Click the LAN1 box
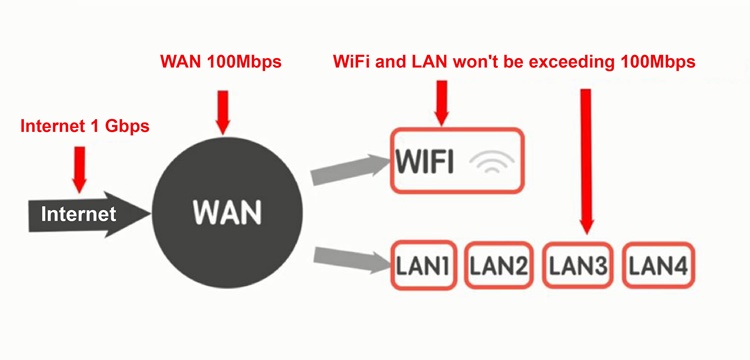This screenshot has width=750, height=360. coord(423,266)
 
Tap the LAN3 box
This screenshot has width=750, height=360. coord(578,266)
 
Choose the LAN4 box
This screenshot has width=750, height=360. coord(658,266)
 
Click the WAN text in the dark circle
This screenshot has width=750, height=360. coord(226,212)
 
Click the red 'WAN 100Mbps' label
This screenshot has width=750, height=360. coord(222,60)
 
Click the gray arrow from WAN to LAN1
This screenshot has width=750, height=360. coord(351,259)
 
